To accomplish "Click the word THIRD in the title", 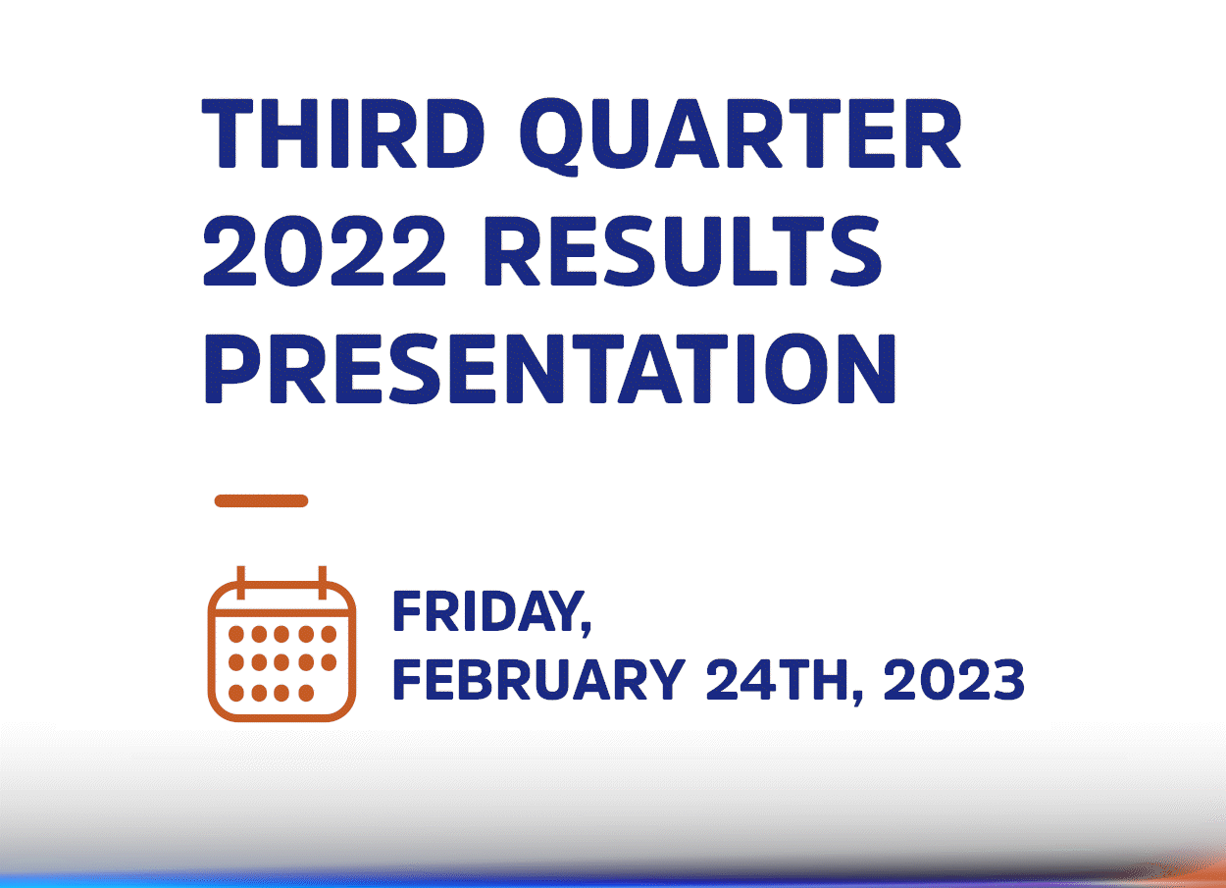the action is pyautogui.click(x=343, y=133).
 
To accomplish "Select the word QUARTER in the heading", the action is pyautogui.click(x=740, y=136).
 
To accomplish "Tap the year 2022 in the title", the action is pyautogui.click(x=324, y=251).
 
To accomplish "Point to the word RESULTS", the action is pyautogui.click(x=683, y=251).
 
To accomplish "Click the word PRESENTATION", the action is pyautogui.click(x=550, y=369).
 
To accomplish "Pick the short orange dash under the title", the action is pyautogui.click(x=261, y=500).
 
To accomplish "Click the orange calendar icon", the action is pyautogui.click(x=281, y=644).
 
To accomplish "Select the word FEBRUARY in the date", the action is pyautogui.click(x=539, y=679).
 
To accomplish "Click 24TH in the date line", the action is pyautogui.click(x=780, y=679).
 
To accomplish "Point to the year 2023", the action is pyautogui.click(x=953, y=679).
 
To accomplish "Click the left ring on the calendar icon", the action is pyautogui.click(x=241, y=583).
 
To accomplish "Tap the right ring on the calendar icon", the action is pyautogui.click(x=323, y=583).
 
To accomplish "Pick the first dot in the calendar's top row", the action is pyautogui.click(x=236, y=635).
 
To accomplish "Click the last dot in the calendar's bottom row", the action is pyautogui.click(x=306, y=693).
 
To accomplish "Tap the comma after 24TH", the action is pyautogui.click(x=857, y=697).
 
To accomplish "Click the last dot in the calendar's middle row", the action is pyautogui.click(x=329, y=662).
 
